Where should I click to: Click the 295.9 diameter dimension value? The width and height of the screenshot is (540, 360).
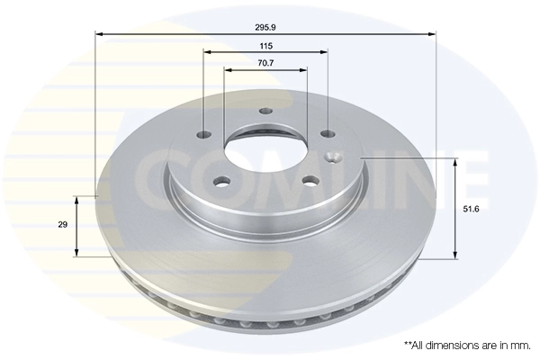pos(265,27)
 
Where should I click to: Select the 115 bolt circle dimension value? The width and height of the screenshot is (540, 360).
pos(265,45)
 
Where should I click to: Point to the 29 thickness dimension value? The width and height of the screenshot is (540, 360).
pos(61,225)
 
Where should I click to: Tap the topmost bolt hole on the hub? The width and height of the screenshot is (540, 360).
pos(265,112)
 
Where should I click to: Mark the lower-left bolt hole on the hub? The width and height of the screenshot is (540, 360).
pos(221,184)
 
